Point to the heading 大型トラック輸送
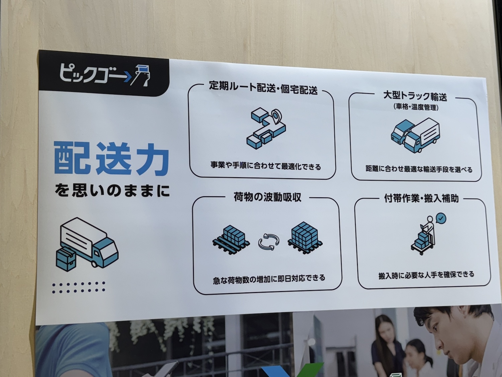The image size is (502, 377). click(415, 97)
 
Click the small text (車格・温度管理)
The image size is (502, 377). click(416, 107)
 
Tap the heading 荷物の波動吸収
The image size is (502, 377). click(267, 197)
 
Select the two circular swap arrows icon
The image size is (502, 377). click(269, 242)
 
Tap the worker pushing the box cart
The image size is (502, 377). click(423, 236)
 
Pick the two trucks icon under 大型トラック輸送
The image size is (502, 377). click(415, 135)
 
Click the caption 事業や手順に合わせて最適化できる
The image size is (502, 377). click(266, 166)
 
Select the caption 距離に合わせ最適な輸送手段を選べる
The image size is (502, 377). click(419, 169)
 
